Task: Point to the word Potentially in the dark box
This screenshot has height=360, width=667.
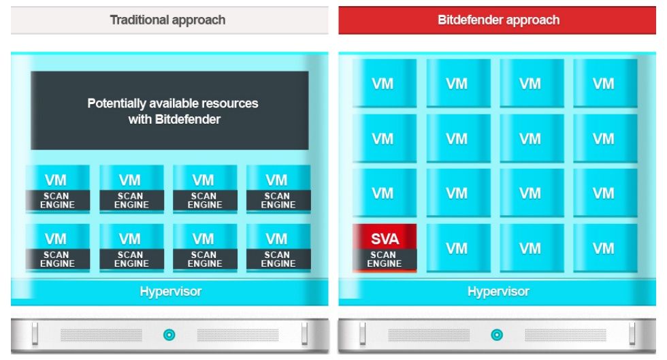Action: (x=116, y=103)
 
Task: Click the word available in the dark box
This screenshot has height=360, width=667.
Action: (x=174, y=103)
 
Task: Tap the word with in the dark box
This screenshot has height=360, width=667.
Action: (x=140, y=119)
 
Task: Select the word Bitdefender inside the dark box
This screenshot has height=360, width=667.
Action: (x=188, y=119)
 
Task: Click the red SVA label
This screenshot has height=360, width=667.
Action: (x=385, y=238)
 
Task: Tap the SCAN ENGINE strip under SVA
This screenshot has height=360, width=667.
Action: (x=384, y=259)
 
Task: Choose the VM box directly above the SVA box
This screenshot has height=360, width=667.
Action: (x=384, y=194)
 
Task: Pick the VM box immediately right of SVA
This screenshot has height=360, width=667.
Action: (x=458, y=248)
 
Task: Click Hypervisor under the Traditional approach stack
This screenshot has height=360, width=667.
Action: (x=171, y=291)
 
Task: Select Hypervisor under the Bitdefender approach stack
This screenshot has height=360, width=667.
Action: (x=498, y=291)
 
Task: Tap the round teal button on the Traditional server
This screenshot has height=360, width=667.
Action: (x=169, y=335)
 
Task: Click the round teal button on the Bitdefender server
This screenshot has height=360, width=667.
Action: (x=497, y=335)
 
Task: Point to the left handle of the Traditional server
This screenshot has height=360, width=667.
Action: (x=35, y=334)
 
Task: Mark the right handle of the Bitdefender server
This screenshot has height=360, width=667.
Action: (x=632, y=334)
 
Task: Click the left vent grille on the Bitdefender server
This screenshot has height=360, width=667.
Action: (x=429, y=335)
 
